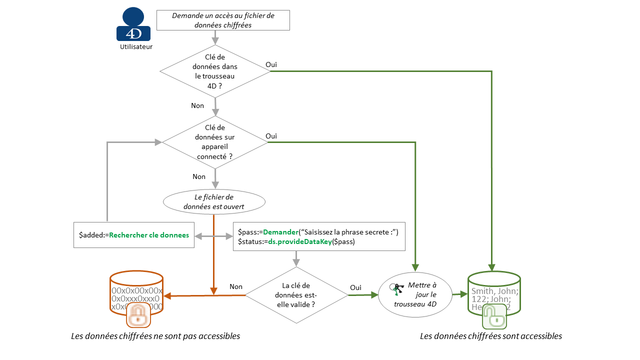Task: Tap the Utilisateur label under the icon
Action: click(136, 47)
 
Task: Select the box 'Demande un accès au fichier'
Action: click(223, 20)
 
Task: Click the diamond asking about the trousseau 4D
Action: click(215, 71)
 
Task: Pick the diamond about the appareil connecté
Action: click(215, 142)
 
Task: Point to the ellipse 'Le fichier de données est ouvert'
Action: click(214, 202)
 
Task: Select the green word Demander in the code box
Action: click(280, 232)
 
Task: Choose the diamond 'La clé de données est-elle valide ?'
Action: click(296, 294)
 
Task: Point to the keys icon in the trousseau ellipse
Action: click(397, 290)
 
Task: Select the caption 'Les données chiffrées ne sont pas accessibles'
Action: click(155, 336)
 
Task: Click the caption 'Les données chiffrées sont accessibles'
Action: click(491, 336)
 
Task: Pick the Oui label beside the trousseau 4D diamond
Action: click(271, 64)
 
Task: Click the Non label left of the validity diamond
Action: click(236, 286)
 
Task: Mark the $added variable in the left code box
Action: click(90, 235)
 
